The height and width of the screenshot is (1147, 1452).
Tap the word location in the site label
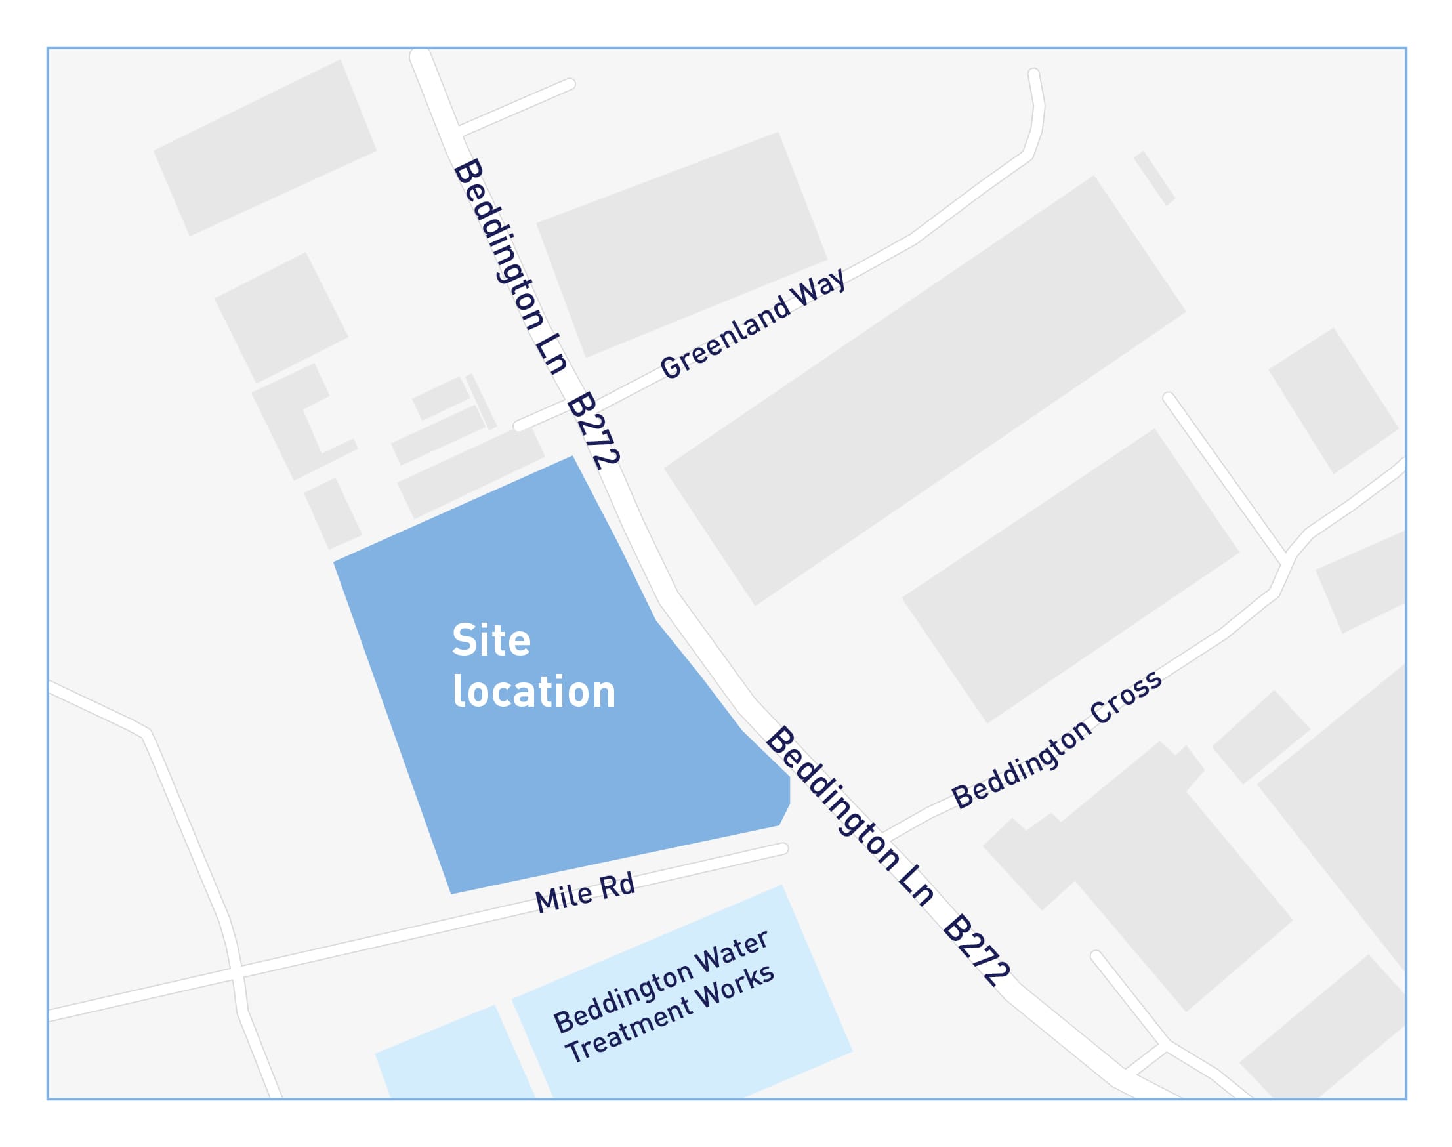[x=534, y=692]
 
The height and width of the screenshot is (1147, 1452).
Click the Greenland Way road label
[x=752, y=323]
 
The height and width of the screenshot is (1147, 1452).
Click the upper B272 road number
[x=592, y=430]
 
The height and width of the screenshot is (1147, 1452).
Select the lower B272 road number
[x=976, y=949]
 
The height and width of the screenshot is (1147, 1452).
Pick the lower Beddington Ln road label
[x=850, y=816]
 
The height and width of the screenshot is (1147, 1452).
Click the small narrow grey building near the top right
[x=1155, y=178]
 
